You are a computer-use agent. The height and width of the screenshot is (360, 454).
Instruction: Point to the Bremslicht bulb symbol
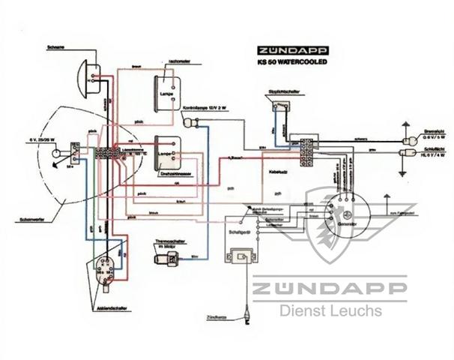click(411, 139)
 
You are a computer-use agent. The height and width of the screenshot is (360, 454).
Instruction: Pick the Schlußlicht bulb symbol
click(411, 154)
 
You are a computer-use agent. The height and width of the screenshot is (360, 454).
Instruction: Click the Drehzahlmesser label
click(174, 173)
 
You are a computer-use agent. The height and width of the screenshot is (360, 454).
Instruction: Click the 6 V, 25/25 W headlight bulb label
click(41, 140)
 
